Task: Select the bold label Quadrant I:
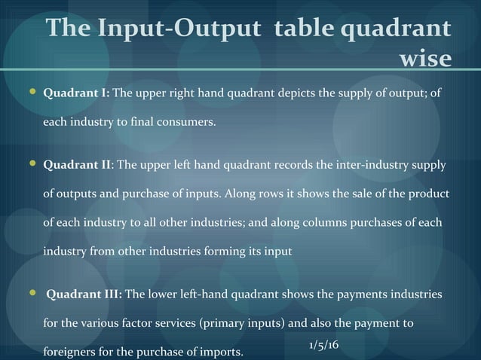pos(77,94)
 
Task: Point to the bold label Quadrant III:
pos(84,294)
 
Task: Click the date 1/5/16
pos(323,344)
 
